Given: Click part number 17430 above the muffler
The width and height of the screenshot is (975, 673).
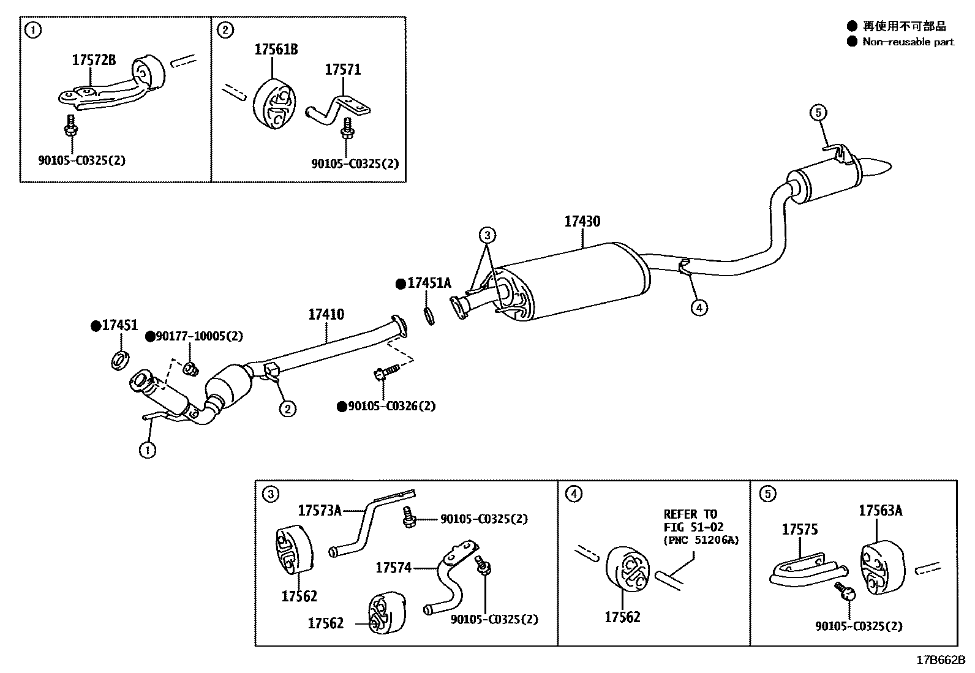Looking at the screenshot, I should pyautogui.click(x=582, y=222).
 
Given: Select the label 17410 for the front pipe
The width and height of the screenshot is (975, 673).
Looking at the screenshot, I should pyautogui.click(x=326, y=315).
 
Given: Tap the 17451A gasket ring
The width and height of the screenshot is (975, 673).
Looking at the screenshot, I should pyautogui.click(x=429, y=315).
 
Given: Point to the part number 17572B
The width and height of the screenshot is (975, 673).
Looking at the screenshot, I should pyautogui.click(x=94, y=60).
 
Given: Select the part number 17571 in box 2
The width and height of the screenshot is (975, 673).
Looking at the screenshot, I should pyautogui.click(x=342, y=70).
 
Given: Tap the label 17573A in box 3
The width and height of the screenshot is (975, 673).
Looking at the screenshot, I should pyautogui.click(x=320, y=510).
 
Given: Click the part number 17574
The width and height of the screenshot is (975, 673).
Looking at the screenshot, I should pyautogui.click(x=393, y=568).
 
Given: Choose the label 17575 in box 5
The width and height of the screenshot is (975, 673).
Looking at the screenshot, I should pyautogui.click(x=799, y=530).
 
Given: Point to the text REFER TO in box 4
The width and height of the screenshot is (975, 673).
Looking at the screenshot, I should pyautogui.click(x=690, y=514).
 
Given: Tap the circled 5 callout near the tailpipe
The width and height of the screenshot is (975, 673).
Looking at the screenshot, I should pyautogui.click(x=819, y=112).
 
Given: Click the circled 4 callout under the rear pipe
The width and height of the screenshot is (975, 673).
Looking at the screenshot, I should pyautogui.click(x=699, y=307).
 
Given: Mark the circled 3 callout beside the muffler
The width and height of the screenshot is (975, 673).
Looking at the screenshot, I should pyautogui.click(x=486, y=235).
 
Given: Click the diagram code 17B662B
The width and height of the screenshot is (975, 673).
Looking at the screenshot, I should pyautogui.click(x=941, y=660).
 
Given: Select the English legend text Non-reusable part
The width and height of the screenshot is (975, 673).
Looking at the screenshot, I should pyautogui.click(x=908, y=42).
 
